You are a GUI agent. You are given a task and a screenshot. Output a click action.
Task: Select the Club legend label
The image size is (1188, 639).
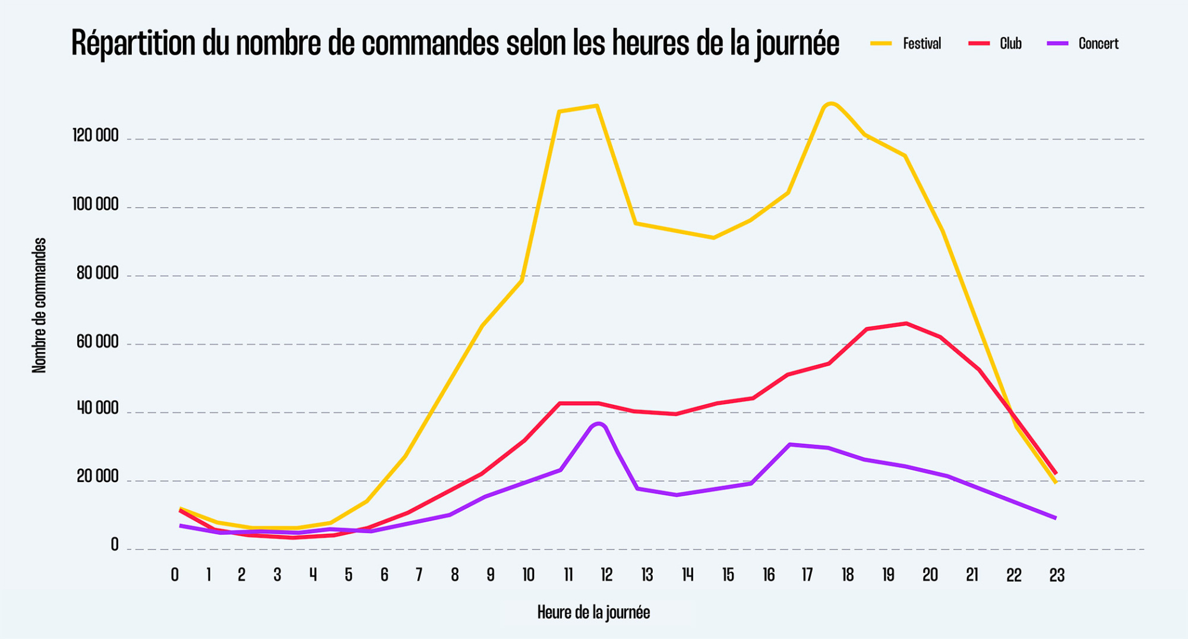pos(1010,43)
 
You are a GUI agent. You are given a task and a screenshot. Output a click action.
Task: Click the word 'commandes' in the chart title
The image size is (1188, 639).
pos(429,43)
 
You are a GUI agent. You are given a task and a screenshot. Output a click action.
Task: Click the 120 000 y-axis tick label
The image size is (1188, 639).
pos(96,136)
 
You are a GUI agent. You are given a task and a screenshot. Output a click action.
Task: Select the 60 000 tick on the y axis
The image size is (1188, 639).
pos(97,342)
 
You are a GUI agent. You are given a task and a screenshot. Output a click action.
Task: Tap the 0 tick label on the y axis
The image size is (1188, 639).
pos(115,545)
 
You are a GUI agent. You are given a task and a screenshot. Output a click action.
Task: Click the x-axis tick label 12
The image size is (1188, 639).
pos(606,575)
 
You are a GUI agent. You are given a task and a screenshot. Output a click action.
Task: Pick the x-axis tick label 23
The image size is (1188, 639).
pos(1057,575)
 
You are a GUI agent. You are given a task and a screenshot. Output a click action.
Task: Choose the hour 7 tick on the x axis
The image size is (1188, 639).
pos(419,575)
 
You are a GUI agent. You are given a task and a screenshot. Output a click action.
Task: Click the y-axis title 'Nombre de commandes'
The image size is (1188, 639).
pos(39,306)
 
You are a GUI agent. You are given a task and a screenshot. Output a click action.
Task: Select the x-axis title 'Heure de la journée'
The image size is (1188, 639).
pos(593,612)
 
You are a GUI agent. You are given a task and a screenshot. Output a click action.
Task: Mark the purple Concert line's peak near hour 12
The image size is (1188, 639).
pos(598,424)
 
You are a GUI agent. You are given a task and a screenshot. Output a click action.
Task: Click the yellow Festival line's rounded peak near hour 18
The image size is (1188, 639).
pos(831,103)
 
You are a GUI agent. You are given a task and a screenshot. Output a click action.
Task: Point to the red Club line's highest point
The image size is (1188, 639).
pos(906,323)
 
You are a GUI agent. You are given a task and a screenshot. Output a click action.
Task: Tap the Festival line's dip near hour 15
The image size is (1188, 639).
pos(713,238)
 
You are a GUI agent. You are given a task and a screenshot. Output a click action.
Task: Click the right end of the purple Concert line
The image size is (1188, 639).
pos(1055,518)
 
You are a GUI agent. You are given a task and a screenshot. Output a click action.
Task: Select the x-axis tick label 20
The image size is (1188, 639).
pos(930,575)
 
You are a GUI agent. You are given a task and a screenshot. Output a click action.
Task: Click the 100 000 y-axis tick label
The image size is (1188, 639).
pos(96,205)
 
